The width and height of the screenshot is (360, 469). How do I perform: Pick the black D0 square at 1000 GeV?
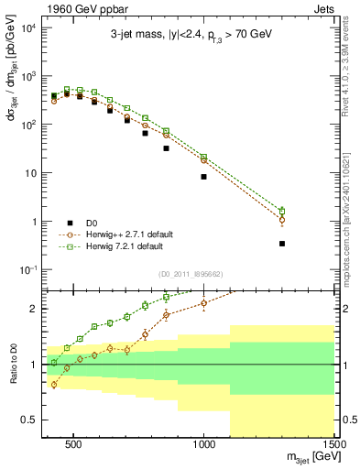click(203, 177)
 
